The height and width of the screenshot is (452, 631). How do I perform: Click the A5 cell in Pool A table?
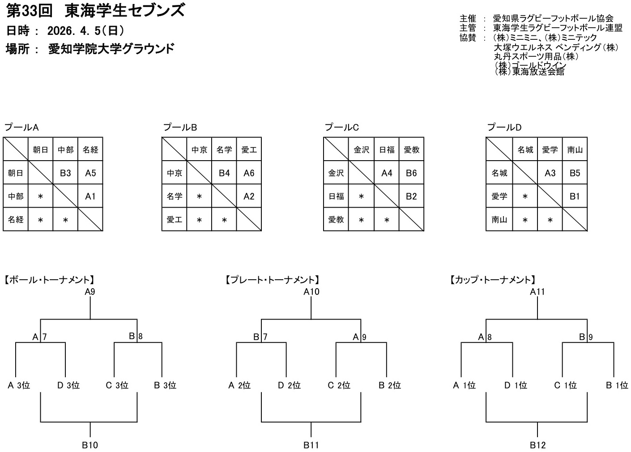click(90, 173)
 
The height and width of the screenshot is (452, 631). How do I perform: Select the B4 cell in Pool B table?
click(224, 173)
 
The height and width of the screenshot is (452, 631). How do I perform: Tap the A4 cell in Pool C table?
click(387, 173)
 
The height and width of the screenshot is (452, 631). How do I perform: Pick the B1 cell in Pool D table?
click(575, 196)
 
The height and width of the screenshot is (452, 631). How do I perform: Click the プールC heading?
click(342, 128)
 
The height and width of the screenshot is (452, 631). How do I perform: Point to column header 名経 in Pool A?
click(90, 150)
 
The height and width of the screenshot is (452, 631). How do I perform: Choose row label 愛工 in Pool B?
click(174, 220)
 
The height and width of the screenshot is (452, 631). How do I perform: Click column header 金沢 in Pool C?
click(361, 150)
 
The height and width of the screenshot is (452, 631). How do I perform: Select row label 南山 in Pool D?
click(499, 220)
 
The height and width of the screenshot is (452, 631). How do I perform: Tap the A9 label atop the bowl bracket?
click(90, 292)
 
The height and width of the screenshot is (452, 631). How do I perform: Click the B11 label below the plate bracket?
click(311, 445)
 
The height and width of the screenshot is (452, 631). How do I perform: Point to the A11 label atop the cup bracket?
click(537, 292)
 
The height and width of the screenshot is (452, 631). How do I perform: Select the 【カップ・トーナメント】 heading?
click(493, 280)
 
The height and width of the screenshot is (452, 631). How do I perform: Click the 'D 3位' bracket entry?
click(68, 385)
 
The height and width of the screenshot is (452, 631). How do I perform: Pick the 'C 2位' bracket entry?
click(339, 385)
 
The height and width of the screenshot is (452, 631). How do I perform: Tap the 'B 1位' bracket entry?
click(617, 385)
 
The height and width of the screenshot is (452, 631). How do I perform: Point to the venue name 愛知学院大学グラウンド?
click(111, 49)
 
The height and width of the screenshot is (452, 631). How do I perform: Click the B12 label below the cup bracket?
click(537, 445)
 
